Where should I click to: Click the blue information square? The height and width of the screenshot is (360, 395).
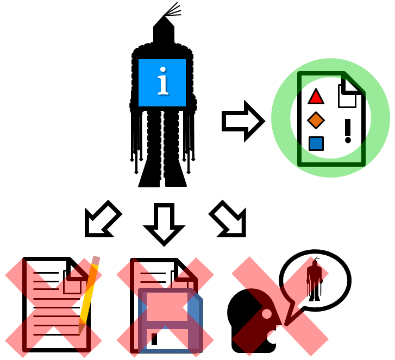tap(162, 83)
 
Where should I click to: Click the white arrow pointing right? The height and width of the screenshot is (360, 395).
tap(244, 121)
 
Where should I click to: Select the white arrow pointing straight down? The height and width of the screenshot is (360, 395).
tap(164, 223)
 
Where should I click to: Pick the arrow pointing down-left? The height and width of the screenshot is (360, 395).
tap(103, 219)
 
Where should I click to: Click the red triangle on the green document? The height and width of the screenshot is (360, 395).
tap(316, 97)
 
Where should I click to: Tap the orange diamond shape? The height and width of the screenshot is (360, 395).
tap(316, 120)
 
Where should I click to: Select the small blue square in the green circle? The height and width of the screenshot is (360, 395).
tap(316, 143)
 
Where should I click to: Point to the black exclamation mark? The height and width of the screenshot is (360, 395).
tap(348, 131)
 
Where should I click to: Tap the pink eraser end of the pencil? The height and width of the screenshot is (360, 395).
tap(96, 261)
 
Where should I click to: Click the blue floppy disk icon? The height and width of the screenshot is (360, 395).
tap(170, 320)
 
